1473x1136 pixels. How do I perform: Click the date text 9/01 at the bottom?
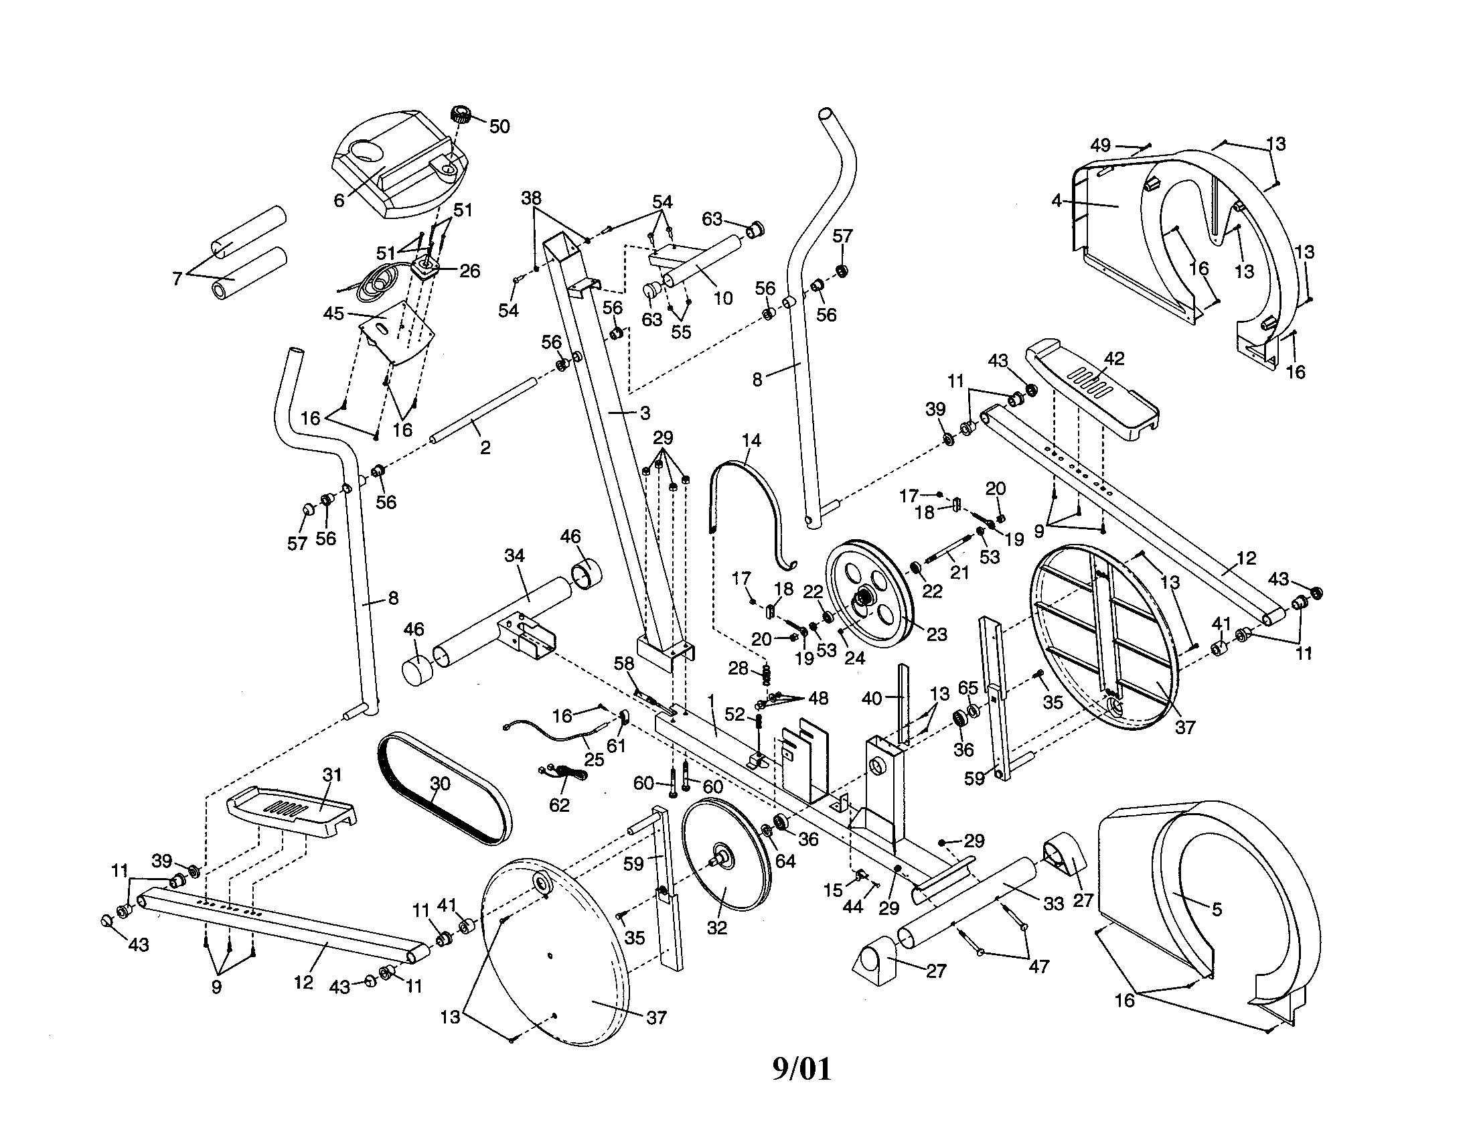[x=801, y=1069]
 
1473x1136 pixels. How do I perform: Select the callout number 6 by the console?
[x=339, y=200]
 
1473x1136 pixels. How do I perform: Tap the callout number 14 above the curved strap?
[x=751, y=441]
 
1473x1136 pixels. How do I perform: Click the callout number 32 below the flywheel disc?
[x=717, y=928]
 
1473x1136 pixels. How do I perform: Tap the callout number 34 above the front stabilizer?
[x=515, y=555]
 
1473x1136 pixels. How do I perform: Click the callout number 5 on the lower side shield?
[x=1216, y=910]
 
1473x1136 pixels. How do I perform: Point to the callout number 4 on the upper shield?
[x=1057, y=201]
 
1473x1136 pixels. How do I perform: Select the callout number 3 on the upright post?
[x=645, y=412]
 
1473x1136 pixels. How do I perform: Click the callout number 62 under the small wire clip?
[x=560, y=805]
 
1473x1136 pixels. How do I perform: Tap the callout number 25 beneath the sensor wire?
[x=593, y=760]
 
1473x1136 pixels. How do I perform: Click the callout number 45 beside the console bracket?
[x=333, y=313]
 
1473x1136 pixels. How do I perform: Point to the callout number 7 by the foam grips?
[x=177, y=277]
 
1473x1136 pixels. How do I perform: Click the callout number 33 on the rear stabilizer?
[x=1053, y=904]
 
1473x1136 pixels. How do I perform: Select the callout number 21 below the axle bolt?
[x=959, y=572]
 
